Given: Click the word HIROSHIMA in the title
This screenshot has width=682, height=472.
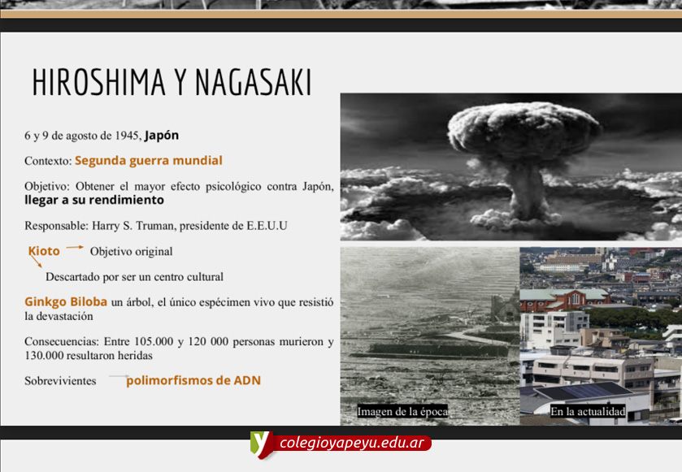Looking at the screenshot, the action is click(98, 82).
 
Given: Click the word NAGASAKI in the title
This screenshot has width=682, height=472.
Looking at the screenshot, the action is click(254, 82).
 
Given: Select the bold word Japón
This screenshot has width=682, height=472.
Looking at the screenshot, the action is click(162, 136).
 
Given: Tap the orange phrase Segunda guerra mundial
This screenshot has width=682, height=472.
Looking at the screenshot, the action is click(148, 161).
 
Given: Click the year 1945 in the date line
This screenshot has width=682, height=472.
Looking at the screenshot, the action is click(127, 136).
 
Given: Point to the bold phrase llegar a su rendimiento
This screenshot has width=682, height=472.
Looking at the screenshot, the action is click(94, 200).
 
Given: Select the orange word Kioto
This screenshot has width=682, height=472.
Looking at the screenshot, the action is click(44, 251).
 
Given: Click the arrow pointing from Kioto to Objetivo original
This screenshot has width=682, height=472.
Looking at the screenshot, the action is click(74, 247).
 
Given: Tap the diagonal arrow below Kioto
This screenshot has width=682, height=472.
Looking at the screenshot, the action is click(36, 261).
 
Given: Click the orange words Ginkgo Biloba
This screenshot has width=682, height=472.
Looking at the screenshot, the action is click(66, 301).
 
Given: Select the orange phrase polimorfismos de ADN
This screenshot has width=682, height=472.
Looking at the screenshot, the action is click(193, 381).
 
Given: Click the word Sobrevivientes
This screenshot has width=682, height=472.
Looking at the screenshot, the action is click(60, 381).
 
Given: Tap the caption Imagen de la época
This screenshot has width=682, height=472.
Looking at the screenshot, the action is click(402, 412).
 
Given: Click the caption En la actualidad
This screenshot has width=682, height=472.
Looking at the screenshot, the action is click(588, 412).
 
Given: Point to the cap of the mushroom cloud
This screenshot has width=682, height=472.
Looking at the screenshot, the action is click(523, 129).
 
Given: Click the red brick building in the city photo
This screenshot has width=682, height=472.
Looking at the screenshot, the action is click(566, 300).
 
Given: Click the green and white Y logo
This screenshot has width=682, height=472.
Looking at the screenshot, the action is click(261, 444).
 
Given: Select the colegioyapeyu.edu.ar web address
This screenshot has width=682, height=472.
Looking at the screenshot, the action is click(352, 443).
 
